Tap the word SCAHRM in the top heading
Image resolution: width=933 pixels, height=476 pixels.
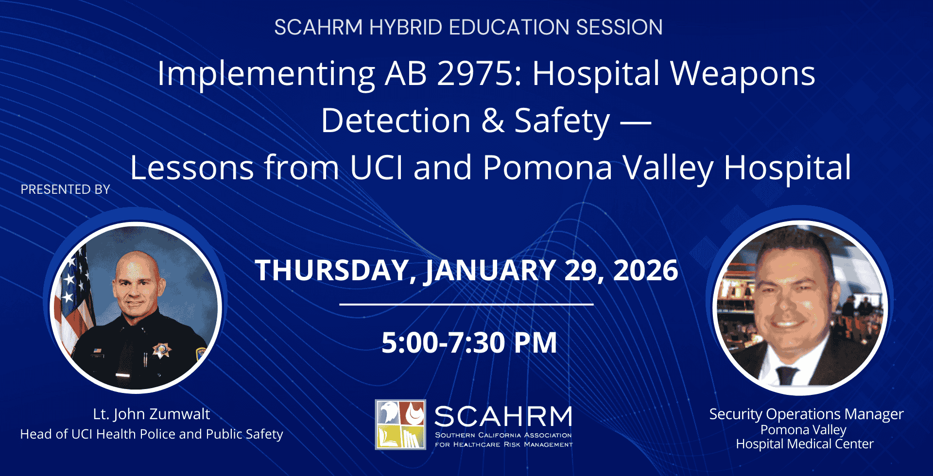point(318,27)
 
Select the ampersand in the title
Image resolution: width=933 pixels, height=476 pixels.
point(493,120)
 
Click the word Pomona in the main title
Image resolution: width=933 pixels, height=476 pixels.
point(548,168)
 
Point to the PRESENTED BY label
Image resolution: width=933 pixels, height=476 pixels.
point(66,189)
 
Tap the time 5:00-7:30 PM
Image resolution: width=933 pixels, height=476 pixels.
point(469,343)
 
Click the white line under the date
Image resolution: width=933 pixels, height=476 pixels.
point(466,305)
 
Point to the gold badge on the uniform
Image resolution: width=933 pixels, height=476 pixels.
point(162,350)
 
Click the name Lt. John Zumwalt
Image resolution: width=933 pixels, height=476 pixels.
point(152,414)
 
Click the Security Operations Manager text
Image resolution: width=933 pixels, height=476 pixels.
point(806,414)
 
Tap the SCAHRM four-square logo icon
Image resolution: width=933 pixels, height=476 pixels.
point(400,425)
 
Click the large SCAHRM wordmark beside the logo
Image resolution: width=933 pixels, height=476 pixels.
point(503,417)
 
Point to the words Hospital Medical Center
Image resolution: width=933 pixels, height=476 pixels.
point(805,444)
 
